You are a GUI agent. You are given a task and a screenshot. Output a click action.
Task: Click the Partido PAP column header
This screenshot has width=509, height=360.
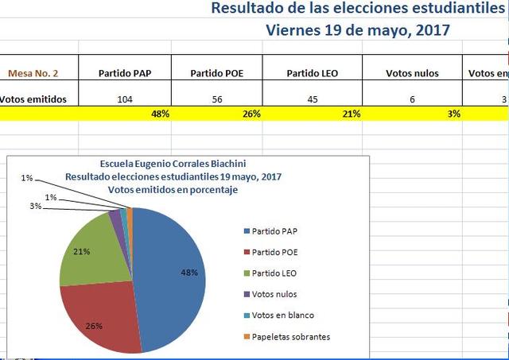[124, 73]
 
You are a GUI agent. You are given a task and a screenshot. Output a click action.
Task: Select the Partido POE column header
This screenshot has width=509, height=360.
[216, 73]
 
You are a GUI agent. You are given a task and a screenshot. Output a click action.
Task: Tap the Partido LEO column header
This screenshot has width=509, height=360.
[313, 73]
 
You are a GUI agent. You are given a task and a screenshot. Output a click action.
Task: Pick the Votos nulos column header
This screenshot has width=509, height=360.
[411, 73]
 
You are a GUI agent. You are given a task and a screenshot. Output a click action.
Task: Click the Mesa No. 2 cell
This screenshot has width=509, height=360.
[33, 73]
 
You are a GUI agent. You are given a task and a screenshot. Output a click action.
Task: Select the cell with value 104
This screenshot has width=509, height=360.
[124, 99]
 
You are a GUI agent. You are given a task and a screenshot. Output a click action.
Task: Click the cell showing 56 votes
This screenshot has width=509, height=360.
[216, 99]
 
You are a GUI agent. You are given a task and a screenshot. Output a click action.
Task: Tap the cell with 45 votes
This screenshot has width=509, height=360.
[313, 99]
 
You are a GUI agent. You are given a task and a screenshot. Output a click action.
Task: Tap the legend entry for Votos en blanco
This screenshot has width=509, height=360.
[284, 315]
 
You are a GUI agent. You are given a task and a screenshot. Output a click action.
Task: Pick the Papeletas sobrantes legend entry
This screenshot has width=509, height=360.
[289, 336]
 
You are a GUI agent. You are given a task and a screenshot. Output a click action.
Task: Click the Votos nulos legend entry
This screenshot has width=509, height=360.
[274, 294]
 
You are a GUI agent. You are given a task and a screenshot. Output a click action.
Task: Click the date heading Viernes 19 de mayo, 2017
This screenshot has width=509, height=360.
[357, 30]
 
